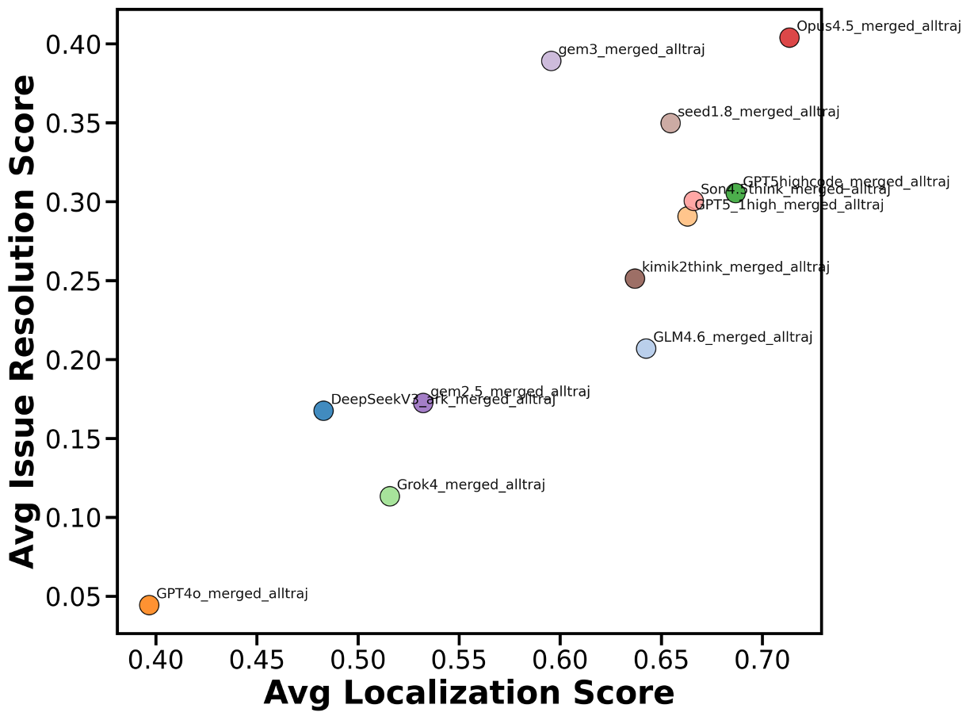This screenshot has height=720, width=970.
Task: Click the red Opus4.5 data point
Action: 789,37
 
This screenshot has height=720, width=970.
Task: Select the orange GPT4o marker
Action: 149,605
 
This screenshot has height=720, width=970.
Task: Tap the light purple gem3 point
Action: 552,61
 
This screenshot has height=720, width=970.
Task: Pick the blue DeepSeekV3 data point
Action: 323,410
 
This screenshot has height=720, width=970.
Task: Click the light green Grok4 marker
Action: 390,496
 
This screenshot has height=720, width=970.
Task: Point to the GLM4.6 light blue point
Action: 646,348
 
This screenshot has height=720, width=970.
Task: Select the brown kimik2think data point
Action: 635,278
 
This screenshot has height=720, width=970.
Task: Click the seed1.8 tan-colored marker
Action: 670,123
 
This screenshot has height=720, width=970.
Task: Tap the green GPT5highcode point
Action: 735,193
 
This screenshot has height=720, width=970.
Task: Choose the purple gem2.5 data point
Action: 423,403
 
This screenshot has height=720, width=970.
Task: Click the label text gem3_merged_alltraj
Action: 631,50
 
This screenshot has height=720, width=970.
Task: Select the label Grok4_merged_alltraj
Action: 471,484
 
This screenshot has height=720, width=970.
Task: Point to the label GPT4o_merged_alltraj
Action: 231,593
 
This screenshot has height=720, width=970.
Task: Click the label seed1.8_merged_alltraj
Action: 758,112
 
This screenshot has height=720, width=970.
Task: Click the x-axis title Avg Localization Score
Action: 468,693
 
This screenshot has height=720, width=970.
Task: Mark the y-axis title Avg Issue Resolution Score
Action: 24,321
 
